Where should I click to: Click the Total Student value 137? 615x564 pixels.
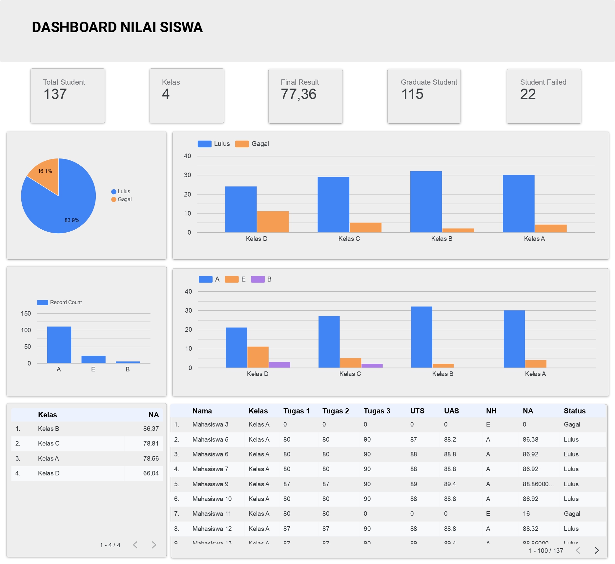coord(55,94)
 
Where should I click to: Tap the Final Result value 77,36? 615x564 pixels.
coord(298,94)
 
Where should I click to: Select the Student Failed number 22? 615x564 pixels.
coord(528,94)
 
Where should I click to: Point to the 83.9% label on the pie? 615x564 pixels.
coord(72,220)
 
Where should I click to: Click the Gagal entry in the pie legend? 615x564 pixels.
coord(124,199)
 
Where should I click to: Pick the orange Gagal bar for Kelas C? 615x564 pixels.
coord(365,227)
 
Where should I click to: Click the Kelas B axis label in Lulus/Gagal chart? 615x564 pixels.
coord(441,239)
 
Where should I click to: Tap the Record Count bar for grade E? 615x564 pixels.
coord(93,359)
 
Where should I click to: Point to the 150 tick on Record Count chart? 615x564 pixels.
coord(26,314)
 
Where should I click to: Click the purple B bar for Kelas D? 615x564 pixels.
coord(279,365)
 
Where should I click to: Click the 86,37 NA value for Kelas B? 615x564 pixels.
coord(151,428)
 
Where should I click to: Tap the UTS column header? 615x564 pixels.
coord(417,411)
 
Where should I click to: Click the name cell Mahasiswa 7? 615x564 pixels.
coord(210,469)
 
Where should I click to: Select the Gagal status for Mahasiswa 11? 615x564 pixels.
coord(572,513)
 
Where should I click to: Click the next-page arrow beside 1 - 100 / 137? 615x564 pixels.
coord(597,551)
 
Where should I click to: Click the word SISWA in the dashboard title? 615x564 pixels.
coord(181,27)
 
